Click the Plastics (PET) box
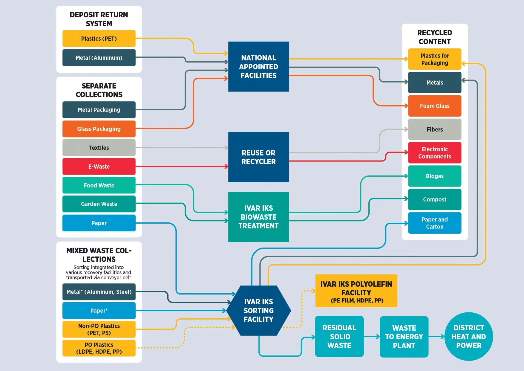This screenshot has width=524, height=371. (x=99, y=39)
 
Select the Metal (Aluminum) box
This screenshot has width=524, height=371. (x=99, y=58)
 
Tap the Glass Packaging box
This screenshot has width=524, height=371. (x=99, y=129)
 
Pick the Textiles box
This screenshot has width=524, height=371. (x=99, y=148)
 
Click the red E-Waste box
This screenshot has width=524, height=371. (x=99, y=167)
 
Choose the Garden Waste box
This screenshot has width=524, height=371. (x=99, y=204)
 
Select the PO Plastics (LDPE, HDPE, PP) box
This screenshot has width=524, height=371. (x=99, y=348)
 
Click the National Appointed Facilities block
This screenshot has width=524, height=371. (x=258, y=66)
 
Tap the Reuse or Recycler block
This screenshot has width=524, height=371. (x=258, y=157)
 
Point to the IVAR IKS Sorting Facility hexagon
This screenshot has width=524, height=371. (x=258, y=310)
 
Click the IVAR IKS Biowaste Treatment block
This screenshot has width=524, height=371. (x=258, y=217)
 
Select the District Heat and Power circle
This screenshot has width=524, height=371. (x=468, y=336)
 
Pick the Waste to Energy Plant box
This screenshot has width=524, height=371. (x=404, y=337)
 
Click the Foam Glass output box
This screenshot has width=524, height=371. (x=434, y=106)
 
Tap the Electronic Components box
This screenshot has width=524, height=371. (x=434, y=153)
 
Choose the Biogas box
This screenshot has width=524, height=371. (x=434, y=176)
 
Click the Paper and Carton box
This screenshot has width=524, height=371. (x=434, y=223)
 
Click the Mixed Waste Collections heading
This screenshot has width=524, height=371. (x=99, y=255)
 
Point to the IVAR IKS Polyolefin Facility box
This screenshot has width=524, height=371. (x=356, y=291)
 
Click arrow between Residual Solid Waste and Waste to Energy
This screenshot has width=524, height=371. (x=372, y=337)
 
